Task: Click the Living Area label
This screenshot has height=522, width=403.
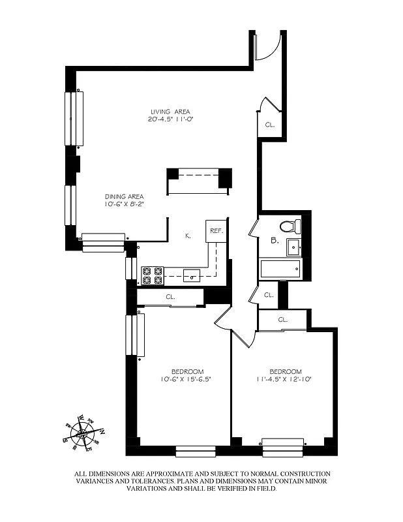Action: [170, 111]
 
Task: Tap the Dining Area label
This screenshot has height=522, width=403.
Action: [125, 196]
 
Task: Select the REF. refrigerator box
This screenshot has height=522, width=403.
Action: [216, 232]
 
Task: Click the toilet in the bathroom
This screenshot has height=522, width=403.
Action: [289, 226]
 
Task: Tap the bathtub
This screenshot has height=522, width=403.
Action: [280, 268]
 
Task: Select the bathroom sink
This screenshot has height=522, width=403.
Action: [293, 247]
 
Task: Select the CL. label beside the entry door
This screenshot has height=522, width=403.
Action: [269, 124]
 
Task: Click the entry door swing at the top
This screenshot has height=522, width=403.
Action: [268, 46]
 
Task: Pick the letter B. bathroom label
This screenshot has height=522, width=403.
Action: [275, 240]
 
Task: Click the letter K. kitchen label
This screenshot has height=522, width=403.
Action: [187, 236]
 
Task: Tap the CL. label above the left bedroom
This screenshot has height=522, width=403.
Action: [170, 297]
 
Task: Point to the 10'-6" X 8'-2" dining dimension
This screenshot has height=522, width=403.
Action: [125, 205]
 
